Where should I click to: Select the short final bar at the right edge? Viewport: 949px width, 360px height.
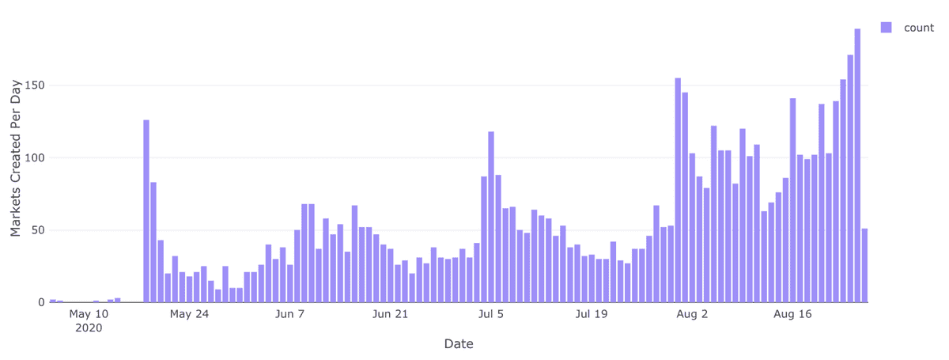coord(864,266)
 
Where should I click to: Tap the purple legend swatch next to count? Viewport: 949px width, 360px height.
coord(886,28)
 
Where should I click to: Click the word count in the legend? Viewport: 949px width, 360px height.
coord(919,28)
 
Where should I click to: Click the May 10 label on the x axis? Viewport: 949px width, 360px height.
coord(89,314)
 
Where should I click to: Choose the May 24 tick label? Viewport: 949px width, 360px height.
coord(189,314)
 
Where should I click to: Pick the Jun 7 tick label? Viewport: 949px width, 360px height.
coord(290,314)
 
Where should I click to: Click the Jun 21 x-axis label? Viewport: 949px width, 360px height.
coord(390,314)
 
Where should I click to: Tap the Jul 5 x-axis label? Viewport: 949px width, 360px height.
coord(491,314)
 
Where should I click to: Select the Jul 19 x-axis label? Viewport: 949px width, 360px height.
coord(592,314)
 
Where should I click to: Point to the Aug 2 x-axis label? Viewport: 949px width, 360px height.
coord(692,314)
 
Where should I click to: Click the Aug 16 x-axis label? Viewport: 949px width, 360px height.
coord(792,314)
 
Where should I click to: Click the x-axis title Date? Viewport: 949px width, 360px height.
coord(459,344)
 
